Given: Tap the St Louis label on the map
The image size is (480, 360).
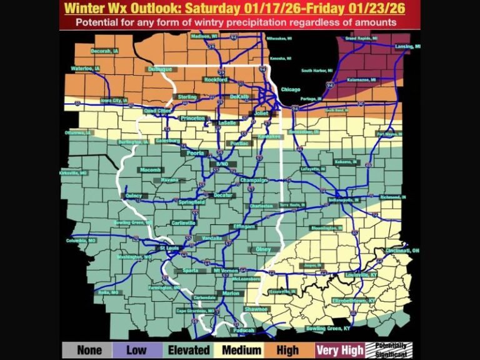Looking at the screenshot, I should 169,248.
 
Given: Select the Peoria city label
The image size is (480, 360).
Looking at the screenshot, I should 192,152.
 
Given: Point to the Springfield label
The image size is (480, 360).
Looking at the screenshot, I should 191,202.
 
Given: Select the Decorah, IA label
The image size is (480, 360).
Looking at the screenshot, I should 104,51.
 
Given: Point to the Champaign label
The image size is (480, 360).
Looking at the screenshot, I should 254,181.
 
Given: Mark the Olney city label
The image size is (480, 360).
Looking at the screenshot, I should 263,249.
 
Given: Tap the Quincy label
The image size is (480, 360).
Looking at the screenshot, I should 134,196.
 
